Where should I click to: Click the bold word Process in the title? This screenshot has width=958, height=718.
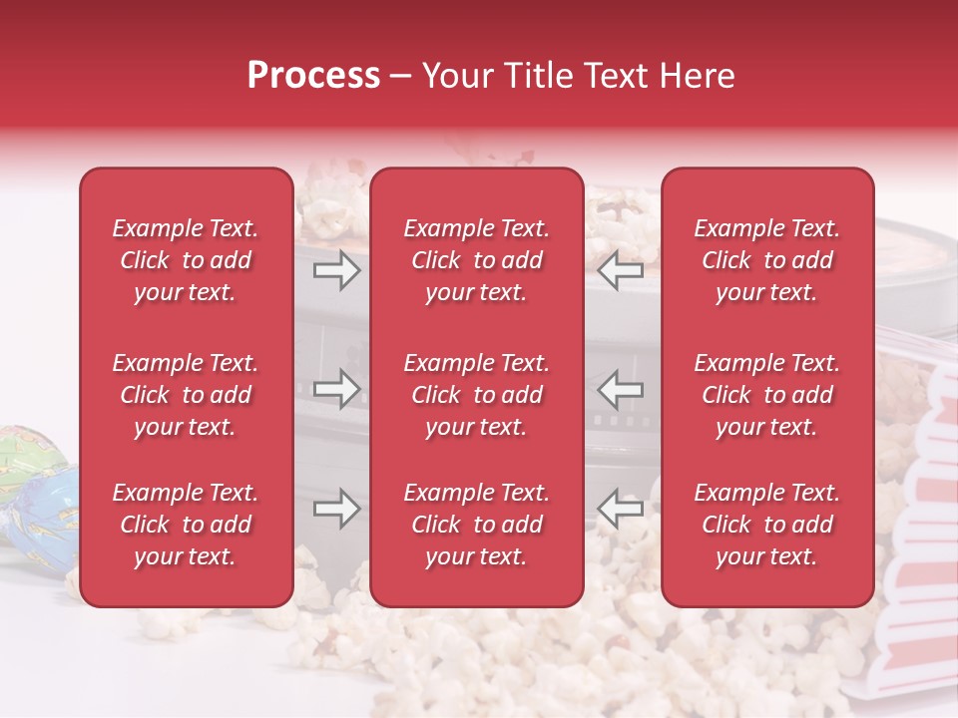click(x=313, y=76)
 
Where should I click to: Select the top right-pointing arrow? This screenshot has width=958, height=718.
click(x=336, y=269)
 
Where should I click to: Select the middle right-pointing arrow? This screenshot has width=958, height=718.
click(x=336, y=390)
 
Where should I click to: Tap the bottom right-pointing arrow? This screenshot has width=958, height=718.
click(x=336, y=509)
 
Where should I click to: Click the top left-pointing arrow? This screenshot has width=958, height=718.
click(x=620, y=269)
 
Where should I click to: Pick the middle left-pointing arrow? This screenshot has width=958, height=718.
click(x=620, y=390)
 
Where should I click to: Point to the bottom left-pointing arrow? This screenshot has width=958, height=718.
click(x=620, y=509)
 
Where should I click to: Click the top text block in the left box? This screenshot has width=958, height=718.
click(x=186, y=260)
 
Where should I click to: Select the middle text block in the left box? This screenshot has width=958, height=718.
click(x=186, y=395)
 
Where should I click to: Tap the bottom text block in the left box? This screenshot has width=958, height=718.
click(x=186, y=525)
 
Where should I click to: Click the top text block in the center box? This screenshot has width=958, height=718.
click(x=476, y=260)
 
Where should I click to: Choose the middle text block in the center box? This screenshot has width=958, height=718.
click(x=476, y=395)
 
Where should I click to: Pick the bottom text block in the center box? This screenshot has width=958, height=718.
click(x=476, y=525)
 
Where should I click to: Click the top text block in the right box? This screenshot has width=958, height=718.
click(x=766, y=260)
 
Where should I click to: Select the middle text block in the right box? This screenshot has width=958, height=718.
click(x=766, y=395)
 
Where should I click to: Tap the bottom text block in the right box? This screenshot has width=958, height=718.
click(x=766, y=525)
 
